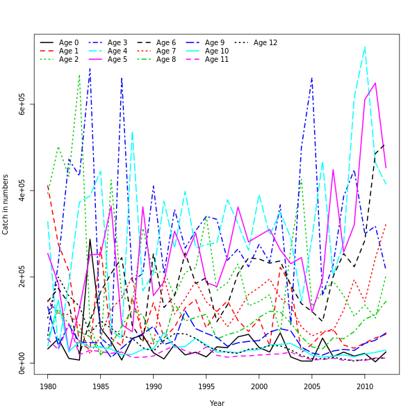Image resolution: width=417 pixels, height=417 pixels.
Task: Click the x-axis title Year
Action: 217,403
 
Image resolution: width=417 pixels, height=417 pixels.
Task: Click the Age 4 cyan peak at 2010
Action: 365,47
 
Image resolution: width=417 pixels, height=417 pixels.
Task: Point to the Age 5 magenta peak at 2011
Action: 375,83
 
